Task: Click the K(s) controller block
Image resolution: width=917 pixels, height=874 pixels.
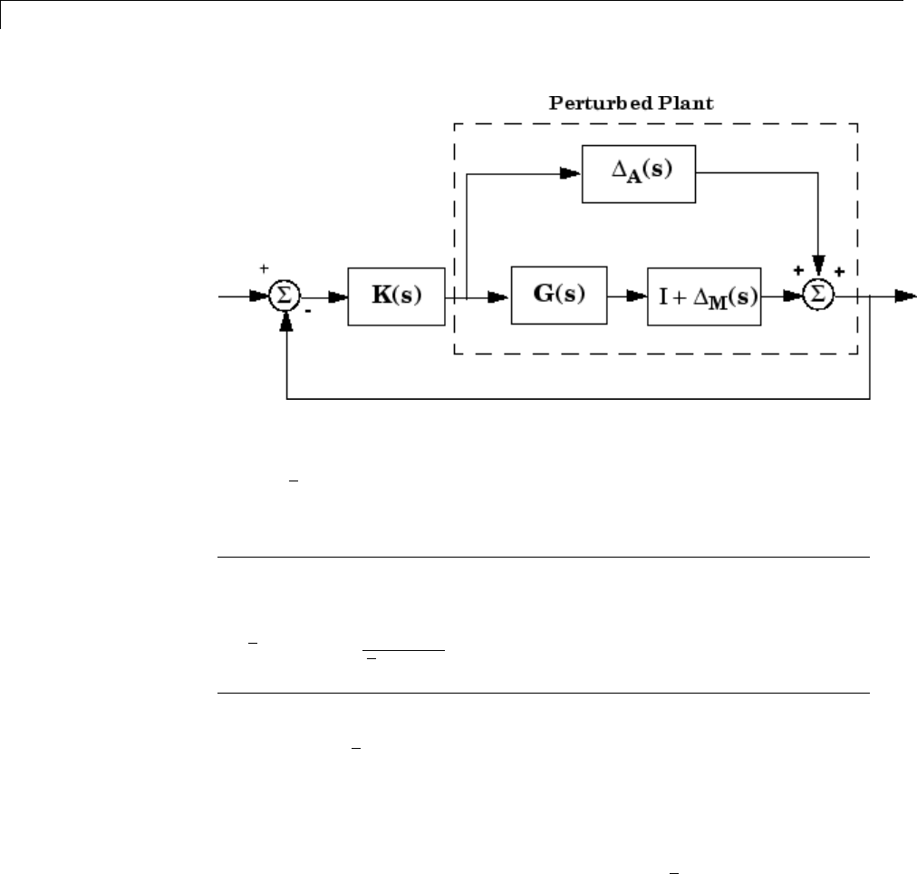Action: [397, 296]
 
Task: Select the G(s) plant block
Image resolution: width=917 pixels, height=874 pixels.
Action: [558, 296]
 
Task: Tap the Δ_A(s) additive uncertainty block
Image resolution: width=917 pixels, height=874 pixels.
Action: [638, 171]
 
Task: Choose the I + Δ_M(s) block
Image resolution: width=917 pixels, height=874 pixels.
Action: [703, 296]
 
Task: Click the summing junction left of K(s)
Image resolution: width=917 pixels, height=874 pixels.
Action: [285, 296]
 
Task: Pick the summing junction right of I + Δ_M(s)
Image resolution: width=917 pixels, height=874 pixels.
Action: [819, 296]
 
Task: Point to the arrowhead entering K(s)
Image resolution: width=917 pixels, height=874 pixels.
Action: [338, 296]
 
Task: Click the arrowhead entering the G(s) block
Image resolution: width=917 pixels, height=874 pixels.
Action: [501, 296]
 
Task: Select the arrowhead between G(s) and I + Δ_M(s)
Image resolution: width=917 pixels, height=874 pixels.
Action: [637, 296]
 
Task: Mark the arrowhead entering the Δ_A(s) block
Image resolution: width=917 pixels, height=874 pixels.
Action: [570, 171]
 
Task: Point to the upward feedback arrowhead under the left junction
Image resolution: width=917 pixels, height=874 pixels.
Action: [285, 320]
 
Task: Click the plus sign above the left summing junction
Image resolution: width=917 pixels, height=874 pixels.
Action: [265, 269]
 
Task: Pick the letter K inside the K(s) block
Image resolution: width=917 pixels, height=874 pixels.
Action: [382, 296]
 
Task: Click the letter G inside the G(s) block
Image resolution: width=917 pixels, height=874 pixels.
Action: [544, 296]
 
